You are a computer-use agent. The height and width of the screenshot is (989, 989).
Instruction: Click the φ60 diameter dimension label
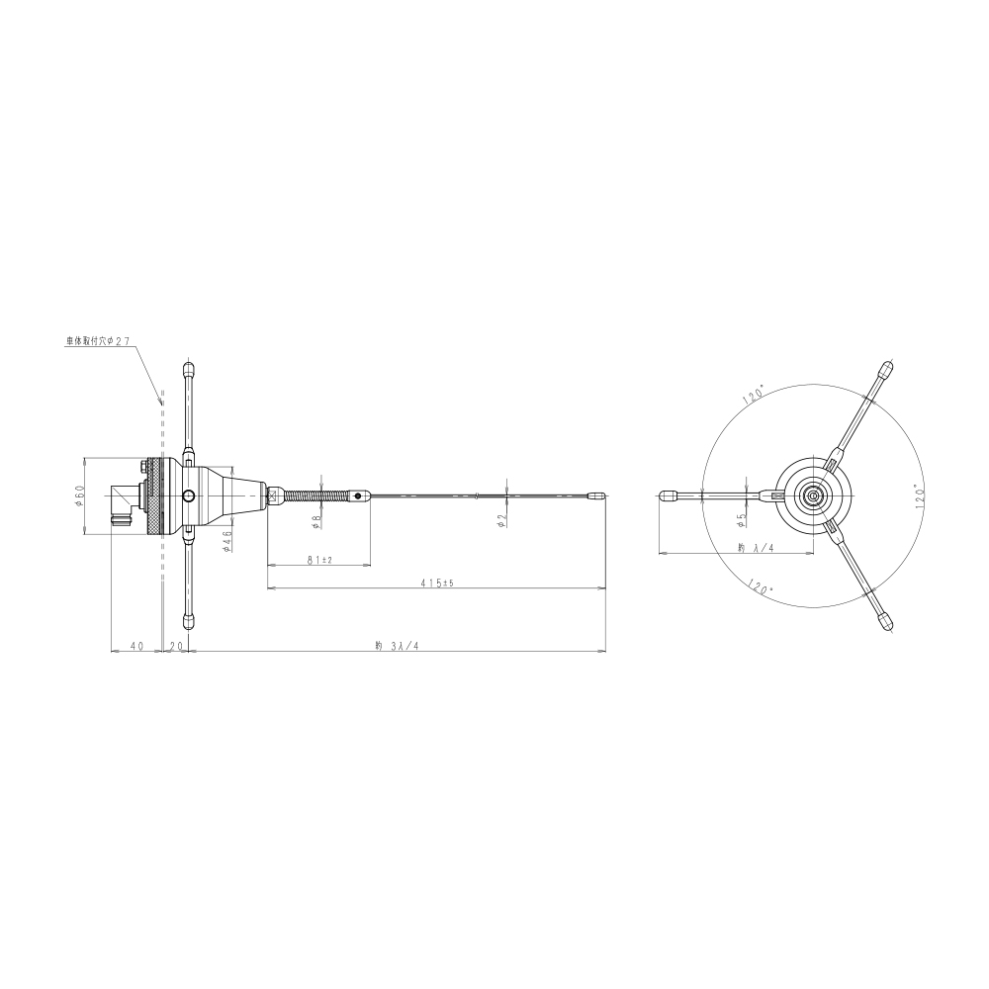tap(79, 495)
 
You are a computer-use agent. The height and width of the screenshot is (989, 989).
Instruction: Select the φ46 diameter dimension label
tap(227, 541)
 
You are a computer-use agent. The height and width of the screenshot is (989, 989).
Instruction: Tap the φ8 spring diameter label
tap(316, 521)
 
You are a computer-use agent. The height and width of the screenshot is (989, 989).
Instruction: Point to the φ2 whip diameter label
tap(502, 520)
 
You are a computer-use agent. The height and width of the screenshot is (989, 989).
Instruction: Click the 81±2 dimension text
tap(319, 560)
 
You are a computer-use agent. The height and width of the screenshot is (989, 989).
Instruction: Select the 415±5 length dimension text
tap(438, 584)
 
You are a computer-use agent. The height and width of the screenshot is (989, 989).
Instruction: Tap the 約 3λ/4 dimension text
tap(397, 645)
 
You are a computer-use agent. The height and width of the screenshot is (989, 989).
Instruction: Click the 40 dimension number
tap(136, 645)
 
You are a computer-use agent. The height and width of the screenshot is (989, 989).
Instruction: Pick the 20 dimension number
tap(176, 645)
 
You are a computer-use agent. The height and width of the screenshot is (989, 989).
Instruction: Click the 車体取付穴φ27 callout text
tap(98, 340)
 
